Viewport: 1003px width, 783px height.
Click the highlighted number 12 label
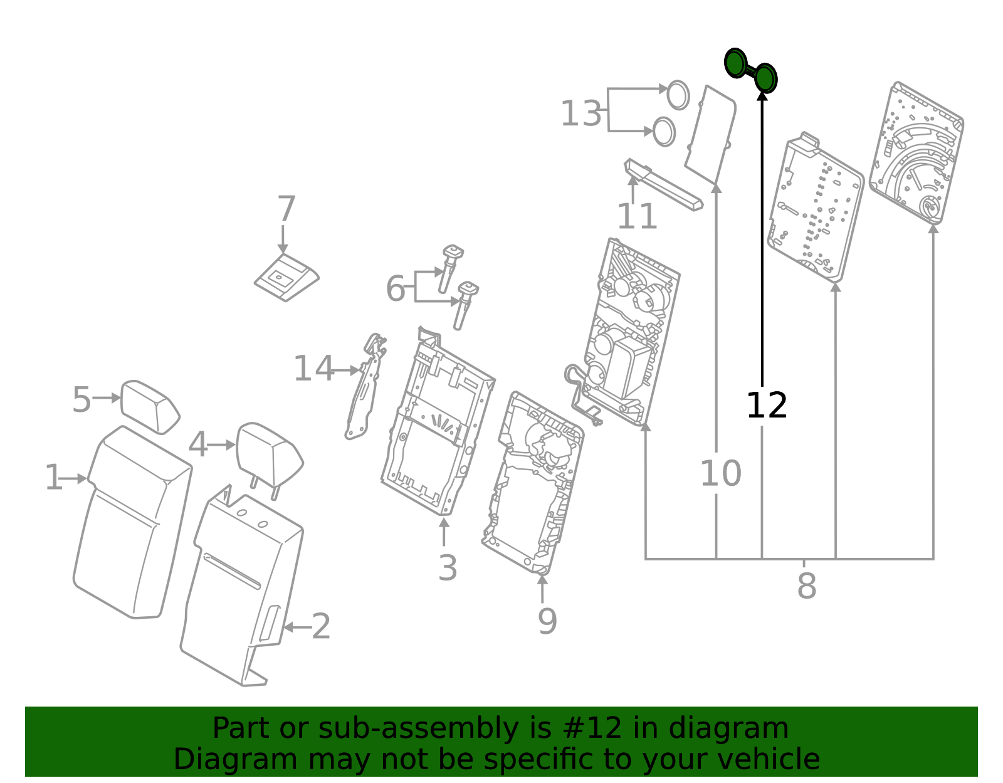click(766, 406)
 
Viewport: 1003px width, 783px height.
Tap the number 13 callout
click(581, 114)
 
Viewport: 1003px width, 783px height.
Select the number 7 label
click(286, 209)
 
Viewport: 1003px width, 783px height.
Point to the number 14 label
click(313, 369)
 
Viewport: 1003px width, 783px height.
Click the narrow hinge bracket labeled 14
click(366, 389)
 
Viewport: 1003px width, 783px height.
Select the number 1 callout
click(54, 478)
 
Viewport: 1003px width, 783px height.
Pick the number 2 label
click(321, 626)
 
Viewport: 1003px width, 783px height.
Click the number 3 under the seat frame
click(447, 568)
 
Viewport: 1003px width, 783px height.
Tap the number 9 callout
click(547, 621)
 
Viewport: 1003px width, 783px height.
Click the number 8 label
click(806, 586)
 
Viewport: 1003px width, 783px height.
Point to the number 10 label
click(720, 473)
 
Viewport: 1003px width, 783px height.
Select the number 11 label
click(637, 217)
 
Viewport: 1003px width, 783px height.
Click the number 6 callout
click(395, 289)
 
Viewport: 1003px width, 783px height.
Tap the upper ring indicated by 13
click(678, 95)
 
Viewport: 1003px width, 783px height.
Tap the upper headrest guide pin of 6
click(449, 267)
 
